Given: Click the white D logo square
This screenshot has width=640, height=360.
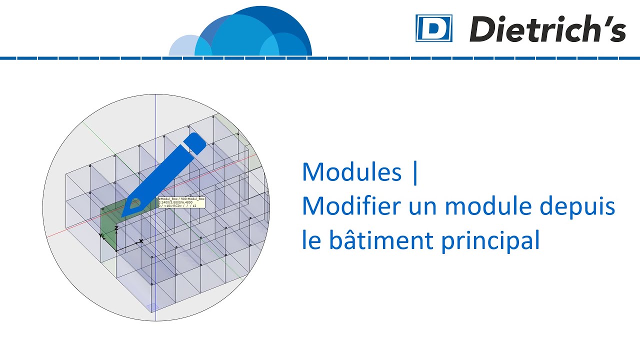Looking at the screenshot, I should pos(433,28).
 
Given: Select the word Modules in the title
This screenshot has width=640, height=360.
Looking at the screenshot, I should pos(351,172).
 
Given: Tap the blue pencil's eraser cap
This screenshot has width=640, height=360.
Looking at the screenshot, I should pos(196,142).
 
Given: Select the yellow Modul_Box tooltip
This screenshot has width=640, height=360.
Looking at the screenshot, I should pos(181,202).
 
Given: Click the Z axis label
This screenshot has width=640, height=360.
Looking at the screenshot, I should pos(116,228).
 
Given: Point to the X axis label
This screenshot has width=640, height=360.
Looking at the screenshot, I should pos(141,241).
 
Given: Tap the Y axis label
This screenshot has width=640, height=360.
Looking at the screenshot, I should pos(101,234).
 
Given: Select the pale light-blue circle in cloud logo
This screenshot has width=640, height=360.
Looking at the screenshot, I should pos(183,46).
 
